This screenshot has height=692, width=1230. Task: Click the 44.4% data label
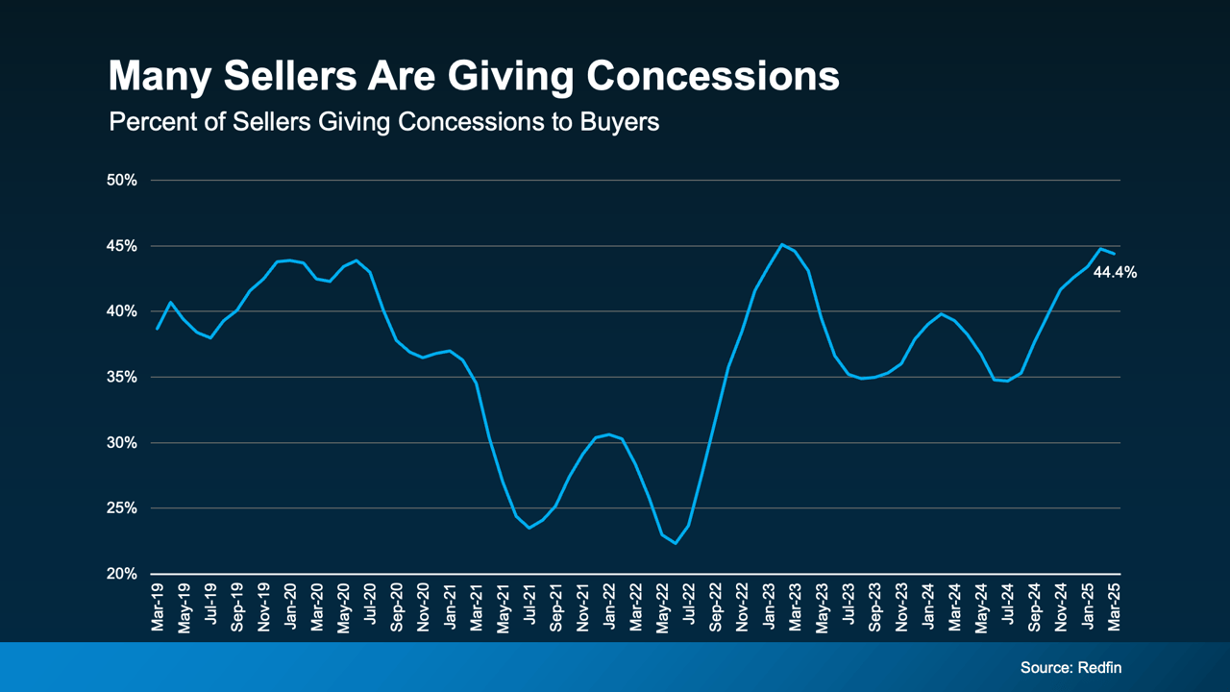1115,273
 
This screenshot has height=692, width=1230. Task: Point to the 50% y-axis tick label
123,181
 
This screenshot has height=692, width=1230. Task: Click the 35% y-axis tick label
123,378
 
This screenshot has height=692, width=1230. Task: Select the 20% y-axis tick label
123,574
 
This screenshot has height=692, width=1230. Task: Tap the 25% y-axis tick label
123,508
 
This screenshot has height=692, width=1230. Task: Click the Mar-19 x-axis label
158,607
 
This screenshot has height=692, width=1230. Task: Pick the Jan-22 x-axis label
609,607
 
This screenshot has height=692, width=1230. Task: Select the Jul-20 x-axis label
370,607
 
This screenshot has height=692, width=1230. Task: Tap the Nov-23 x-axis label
901,607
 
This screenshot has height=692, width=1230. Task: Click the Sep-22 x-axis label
716,607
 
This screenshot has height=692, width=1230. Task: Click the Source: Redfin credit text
1070,667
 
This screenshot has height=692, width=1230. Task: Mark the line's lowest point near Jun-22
676,543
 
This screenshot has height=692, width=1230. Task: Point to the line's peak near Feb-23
781,244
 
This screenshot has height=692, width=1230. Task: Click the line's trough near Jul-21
529,528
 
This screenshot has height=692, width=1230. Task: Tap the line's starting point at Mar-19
158,329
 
